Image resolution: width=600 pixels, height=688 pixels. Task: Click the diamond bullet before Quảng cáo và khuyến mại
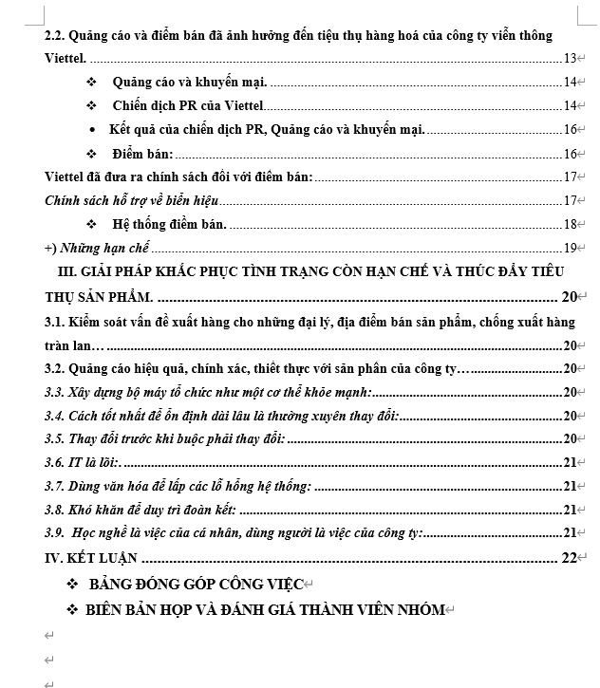(x=92, y=83)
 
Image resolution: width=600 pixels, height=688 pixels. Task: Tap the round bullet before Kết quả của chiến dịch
(x=92, y=129)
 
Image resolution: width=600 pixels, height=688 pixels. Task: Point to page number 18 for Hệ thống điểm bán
(x=571, y=224)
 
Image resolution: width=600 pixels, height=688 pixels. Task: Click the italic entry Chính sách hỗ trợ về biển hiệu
(x=132, y=200)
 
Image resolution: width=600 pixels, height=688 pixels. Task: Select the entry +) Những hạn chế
(x=98, y=248)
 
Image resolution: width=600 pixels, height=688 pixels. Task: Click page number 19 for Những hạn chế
(x=571, y=248)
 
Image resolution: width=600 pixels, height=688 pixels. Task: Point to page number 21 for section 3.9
(x=571, y=532)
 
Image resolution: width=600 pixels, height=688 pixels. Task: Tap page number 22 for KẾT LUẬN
(x=569, y=558)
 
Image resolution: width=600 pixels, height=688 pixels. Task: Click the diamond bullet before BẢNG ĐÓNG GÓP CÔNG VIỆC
(x=73, y=583)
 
